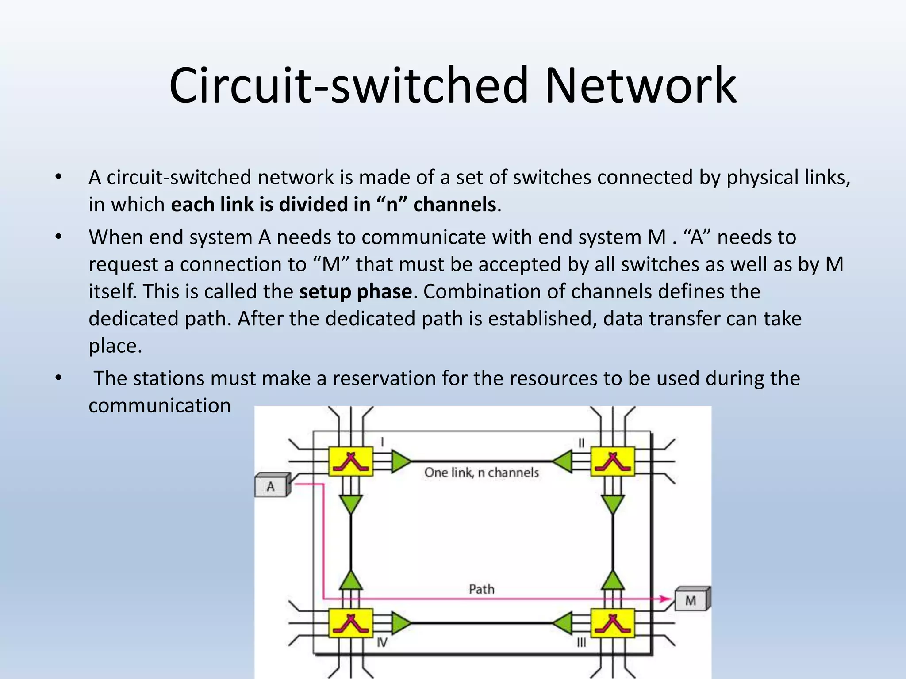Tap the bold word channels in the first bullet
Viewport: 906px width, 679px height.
point(454,205)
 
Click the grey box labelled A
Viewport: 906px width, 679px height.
point(272,487)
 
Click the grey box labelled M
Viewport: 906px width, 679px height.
point(691,600)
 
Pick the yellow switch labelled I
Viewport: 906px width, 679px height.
point(350,462)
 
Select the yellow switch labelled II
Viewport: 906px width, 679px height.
point(613,462)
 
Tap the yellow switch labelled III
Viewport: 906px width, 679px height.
point(613,623)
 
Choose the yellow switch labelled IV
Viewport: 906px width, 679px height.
point(350,623)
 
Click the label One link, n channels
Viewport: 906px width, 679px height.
point(481,473)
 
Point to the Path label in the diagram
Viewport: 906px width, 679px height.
point(481,589)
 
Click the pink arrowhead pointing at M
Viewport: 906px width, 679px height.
point(666,599)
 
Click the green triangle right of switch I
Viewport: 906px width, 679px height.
point(400,462)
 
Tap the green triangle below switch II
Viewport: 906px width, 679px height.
point(613,503)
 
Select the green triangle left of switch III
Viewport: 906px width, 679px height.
point(562,623)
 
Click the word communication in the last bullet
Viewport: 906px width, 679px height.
point(160,406)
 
